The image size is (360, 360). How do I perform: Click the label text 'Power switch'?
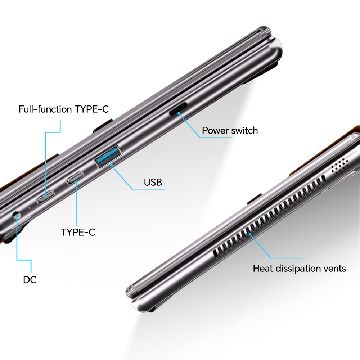click(230, 130)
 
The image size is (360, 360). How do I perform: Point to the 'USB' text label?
click(153, 182)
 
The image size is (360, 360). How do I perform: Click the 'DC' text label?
click(30, 280)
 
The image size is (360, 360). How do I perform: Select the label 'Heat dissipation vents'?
click(299, 268)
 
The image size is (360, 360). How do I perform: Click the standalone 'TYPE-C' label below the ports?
click(78, 232)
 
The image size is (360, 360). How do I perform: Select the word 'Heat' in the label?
click(262, 268)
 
